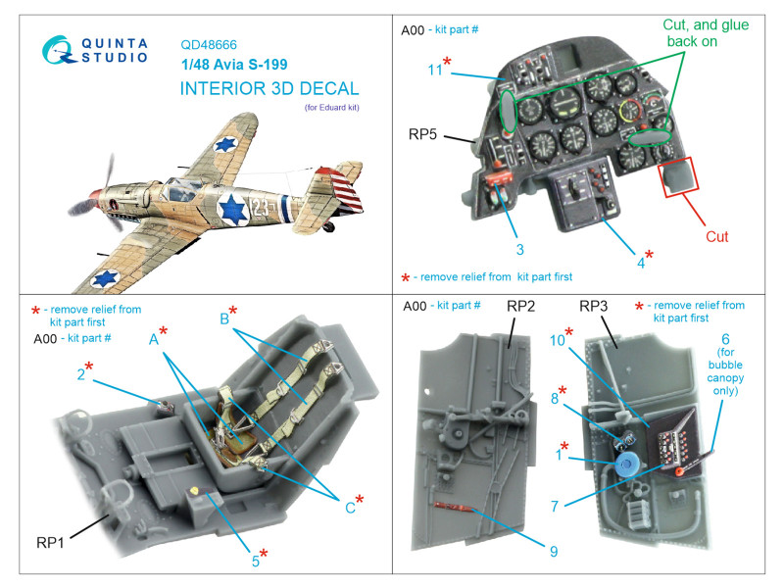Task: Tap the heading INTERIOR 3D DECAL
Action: (x=269, y=88)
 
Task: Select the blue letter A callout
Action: (x=153, y=339)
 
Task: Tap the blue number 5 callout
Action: (x=254, y=561)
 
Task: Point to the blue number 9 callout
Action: (x=554, y=551)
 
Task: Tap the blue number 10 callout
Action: (x=558, y=341)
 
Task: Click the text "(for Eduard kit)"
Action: (x=332, y=108)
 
